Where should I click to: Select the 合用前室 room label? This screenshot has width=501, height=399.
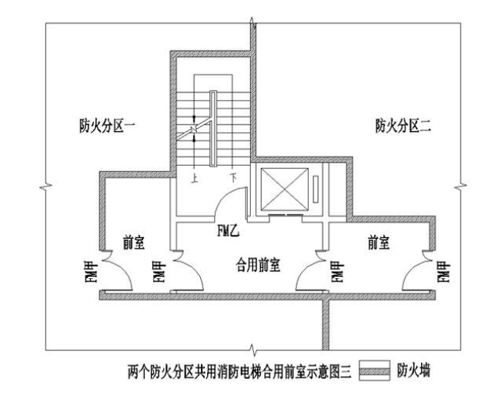pyautogui.click(x=257, y=265)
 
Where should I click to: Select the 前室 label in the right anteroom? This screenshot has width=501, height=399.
pyautogui.click(x=379, y=243)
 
